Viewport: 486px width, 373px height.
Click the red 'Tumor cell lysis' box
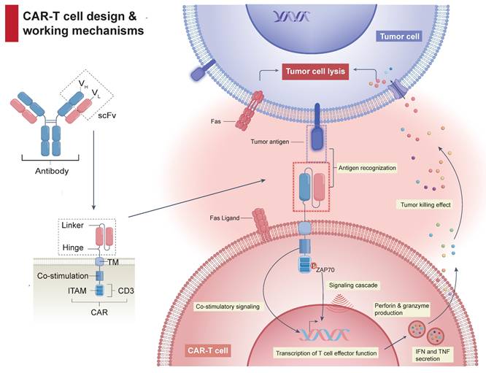pos(315,72)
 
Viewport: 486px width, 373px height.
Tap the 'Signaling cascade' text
pos(353,285)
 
